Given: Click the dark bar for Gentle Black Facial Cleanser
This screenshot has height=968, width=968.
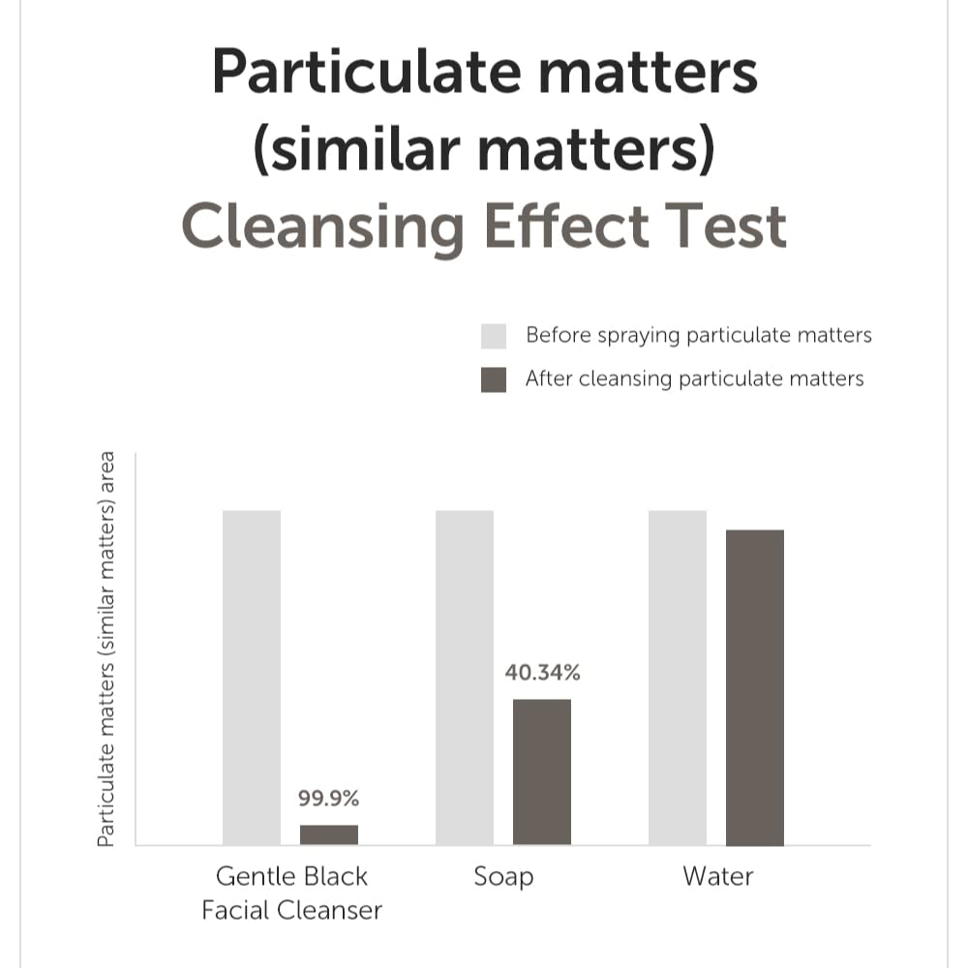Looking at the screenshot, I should point(329,834).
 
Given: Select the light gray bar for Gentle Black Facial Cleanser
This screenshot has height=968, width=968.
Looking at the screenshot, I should point(252,678).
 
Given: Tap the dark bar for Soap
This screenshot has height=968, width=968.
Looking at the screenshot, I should point(542,771).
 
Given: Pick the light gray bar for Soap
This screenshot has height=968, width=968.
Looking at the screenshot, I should point(465,678).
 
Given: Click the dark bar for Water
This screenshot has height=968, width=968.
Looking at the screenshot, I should point(755,687).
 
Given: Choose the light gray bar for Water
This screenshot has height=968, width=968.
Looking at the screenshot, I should point(678,678).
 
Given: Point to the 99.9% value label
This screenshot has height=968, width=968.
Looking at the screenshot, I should point(329,800).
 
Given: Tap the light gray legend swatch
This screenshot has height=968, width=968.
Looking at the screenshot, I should point(494,336).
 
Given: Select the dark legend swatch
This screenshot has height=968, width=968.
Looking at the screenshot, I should point(494,379).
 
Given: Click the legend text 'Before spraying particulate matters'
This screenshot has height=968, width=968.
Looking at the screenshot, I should point(699,336).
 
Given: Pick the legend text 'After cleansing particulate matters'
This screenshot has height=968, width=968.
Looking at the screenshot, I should point(695,378).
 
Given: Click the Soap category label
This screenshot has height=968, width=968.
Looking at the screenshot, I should point(503,877).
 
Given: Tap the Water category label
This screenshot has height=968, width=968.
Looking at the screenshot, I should point(717,877).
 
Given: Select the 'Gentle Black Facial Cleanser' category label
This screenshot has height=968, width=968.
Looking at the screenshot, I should point(291,893).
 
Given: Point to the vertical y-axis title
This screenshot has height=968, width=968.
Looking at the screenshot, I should point(107,649).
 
